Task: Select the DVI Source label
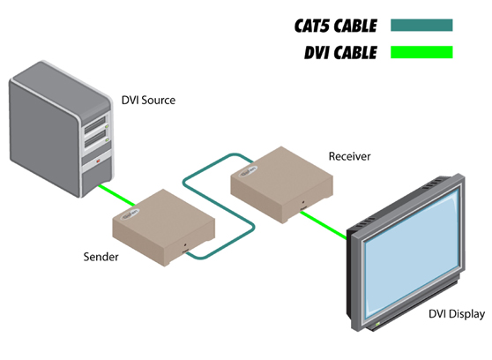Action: coord(148,100)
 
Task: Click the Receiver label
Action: coord(350,156)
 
